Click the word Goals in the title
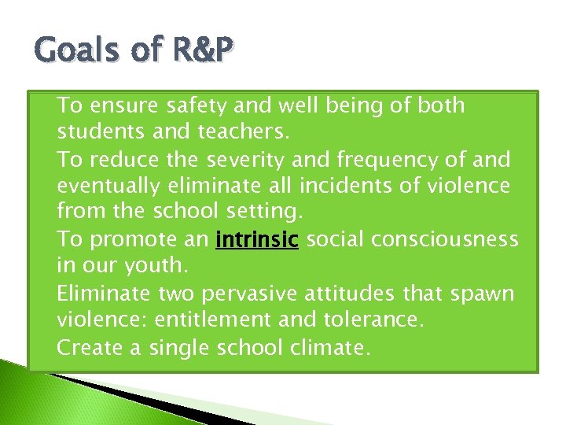coord(68,51)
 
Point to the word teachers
coord(244,132)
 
